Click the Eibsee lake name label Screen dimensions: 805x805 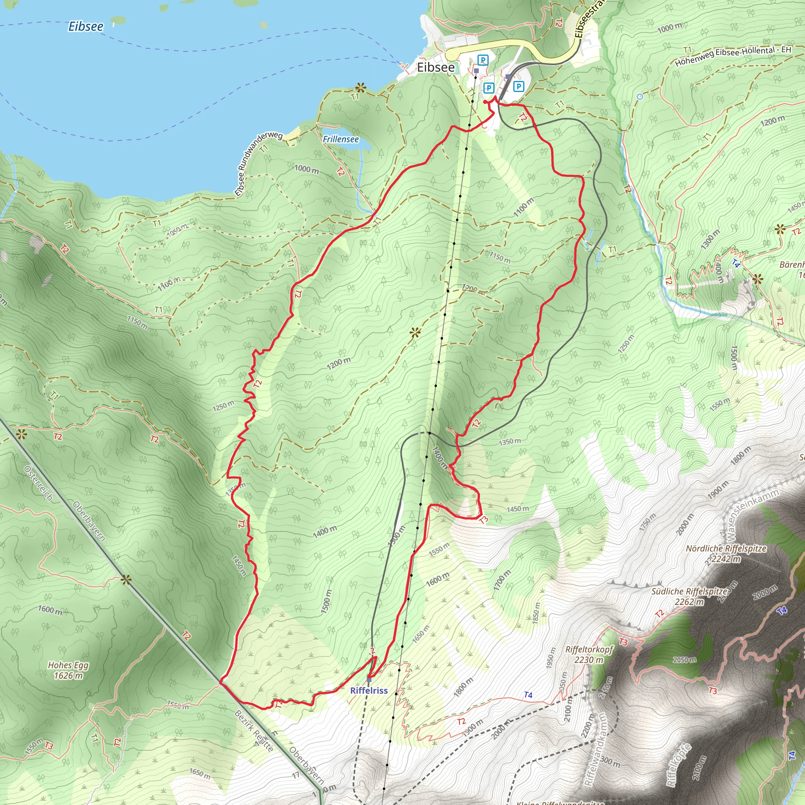86,27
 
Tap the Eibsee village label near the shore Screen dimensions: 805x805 436,68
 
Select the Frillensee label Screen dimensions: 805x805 340,139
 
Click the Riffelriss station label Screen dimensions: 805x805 369,690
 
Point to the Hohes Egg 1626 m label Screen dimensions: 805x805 68,670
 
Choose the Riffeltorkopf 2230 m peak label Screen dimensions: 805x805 589,654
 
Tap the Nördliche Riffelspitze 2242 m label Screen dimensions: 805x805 726,553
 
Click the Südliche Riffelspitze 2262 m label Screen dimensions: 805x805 689,596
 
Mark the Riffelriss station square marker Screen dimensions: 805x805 369,680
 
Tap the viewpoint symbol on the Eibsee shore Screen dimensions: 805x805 360,88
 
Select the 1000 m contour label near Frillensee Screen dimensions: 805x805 306,169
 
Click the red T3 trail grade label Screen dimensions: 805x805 483,520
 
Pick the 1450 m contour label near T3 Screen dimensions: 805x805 518,509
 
